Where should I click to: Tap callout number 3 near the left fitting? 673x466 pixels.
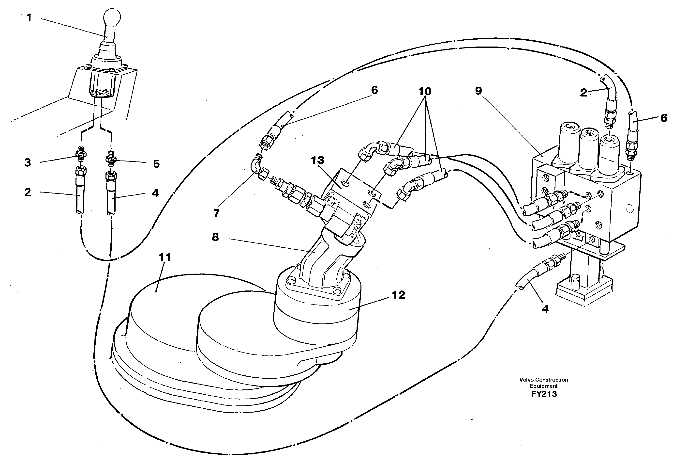coord(28,163)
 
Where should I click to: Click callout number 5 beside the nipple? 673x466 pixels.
coord(156,164)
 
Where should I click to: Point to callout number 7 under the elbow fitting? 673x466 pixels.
coord(216,213)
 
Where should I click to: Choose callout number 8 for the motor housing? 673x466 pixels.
coord(215,237)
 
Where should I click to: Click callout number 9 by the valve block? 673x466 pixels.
coord(479,91)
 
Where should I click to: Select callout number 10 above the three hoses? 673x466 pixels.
coord(425,91)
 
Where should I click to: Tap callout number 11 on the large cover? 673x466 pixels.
coord(165,257)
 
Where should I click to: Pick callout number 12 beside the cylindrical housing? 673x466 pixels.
coord(399,295)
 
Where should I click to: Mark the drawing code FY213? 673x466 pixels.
coord(544,394)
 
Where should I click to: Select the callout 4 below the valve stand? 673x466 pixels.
coord(545,309)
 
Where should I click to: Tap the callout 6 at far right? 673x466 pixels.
coord(664,118)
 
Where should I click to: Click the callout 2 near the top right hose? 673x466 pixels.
coord(583,93)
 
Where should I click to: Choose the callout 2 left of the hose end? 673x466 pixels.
coord(28,193)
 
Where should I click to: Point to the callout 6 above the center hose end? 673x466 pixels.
coord(374,90)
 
